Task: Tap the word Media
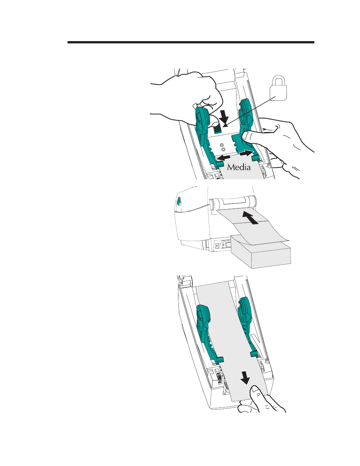click(x=239, y=167)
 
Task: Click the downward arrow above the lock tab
click(x=224, y=116)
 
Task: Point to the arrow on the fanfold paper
click(x=251, y=218)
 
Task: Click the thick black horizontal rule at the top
click(x=191, y=42)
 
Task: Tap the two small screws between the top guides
click(x=222, y=146)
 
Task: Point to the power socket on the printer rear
click(x=217, y=246)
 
